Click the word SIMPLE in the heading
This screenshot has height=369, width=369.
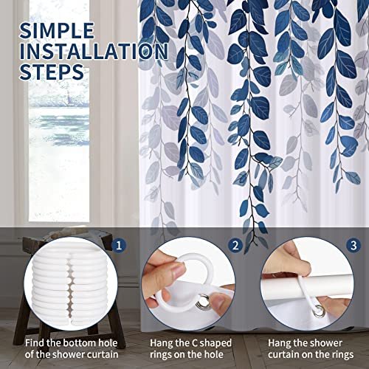point(57,30)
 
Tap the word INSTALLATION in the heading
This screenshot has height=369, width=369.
point(94,51)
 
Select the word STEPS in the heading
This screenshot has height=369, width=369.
point(52,72)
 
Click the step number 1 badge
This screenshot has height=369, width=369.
point(119,245)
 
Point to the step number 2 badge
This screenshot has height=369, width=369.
point(235,245)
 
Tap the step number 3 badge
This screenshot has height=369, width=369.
point(354,245)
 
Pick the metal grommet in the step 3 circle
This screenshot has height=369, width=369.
point(319,311)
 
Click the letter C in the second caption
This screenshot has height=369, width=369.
point(194,343)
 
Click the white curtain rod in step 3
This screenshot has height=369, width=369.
point(308,286)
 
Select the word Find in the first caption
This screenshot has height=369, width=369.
point(35,343)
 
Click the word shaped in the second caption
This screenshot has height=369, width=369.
point(215,343)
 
